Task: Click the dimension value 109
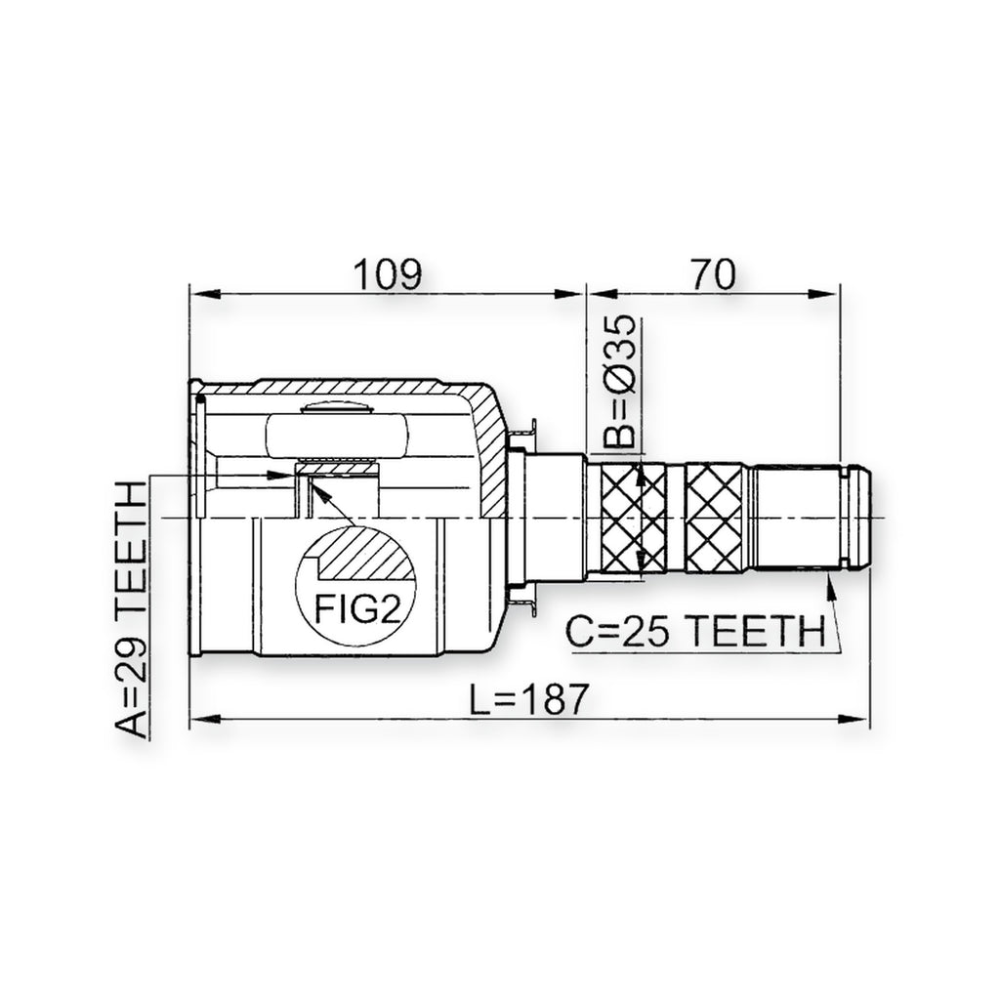[388, 274]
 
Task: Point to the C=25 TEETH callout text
[695, 632]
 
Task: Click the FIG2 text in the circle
[357, 608]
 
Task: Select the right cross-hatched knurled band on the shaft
[714, 519]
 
